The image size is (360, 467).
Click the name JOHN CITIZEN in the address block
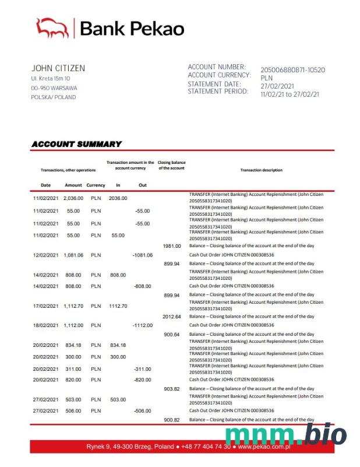[58, 68]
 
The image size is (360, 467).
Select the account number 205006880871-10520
[292, 70]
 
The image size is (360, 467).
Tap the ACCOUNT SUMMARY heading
[76, 144]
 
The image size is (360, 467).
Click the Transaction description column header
[261, 170]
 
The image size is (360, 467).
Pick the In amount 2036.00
[118, 198]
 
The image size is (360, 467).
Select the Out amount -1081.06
[142, 255]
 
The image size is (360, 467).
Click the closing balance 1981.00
[172, 246]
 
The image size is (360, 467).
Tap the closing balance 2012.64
[172, 316]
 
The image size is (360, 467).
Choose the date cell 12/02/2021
[45, 255]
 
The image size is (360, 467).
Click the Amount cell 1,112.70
[73, 306]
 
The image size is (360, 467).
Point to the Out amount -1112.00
[142, 325]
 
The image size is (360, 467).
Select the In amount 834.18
[118, 345]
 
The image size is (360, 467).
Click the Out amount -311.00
[142, 369]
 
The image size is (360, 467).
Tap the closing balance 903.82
[172, 388]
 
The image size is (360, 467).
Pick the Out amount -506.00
[142, 411]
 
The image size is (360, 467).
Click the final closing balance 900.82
[172, 420]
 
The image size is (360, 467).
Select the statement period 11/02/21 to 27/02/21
[290, 94]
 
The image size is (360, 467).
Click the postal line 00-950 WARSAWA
[54, 88]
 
